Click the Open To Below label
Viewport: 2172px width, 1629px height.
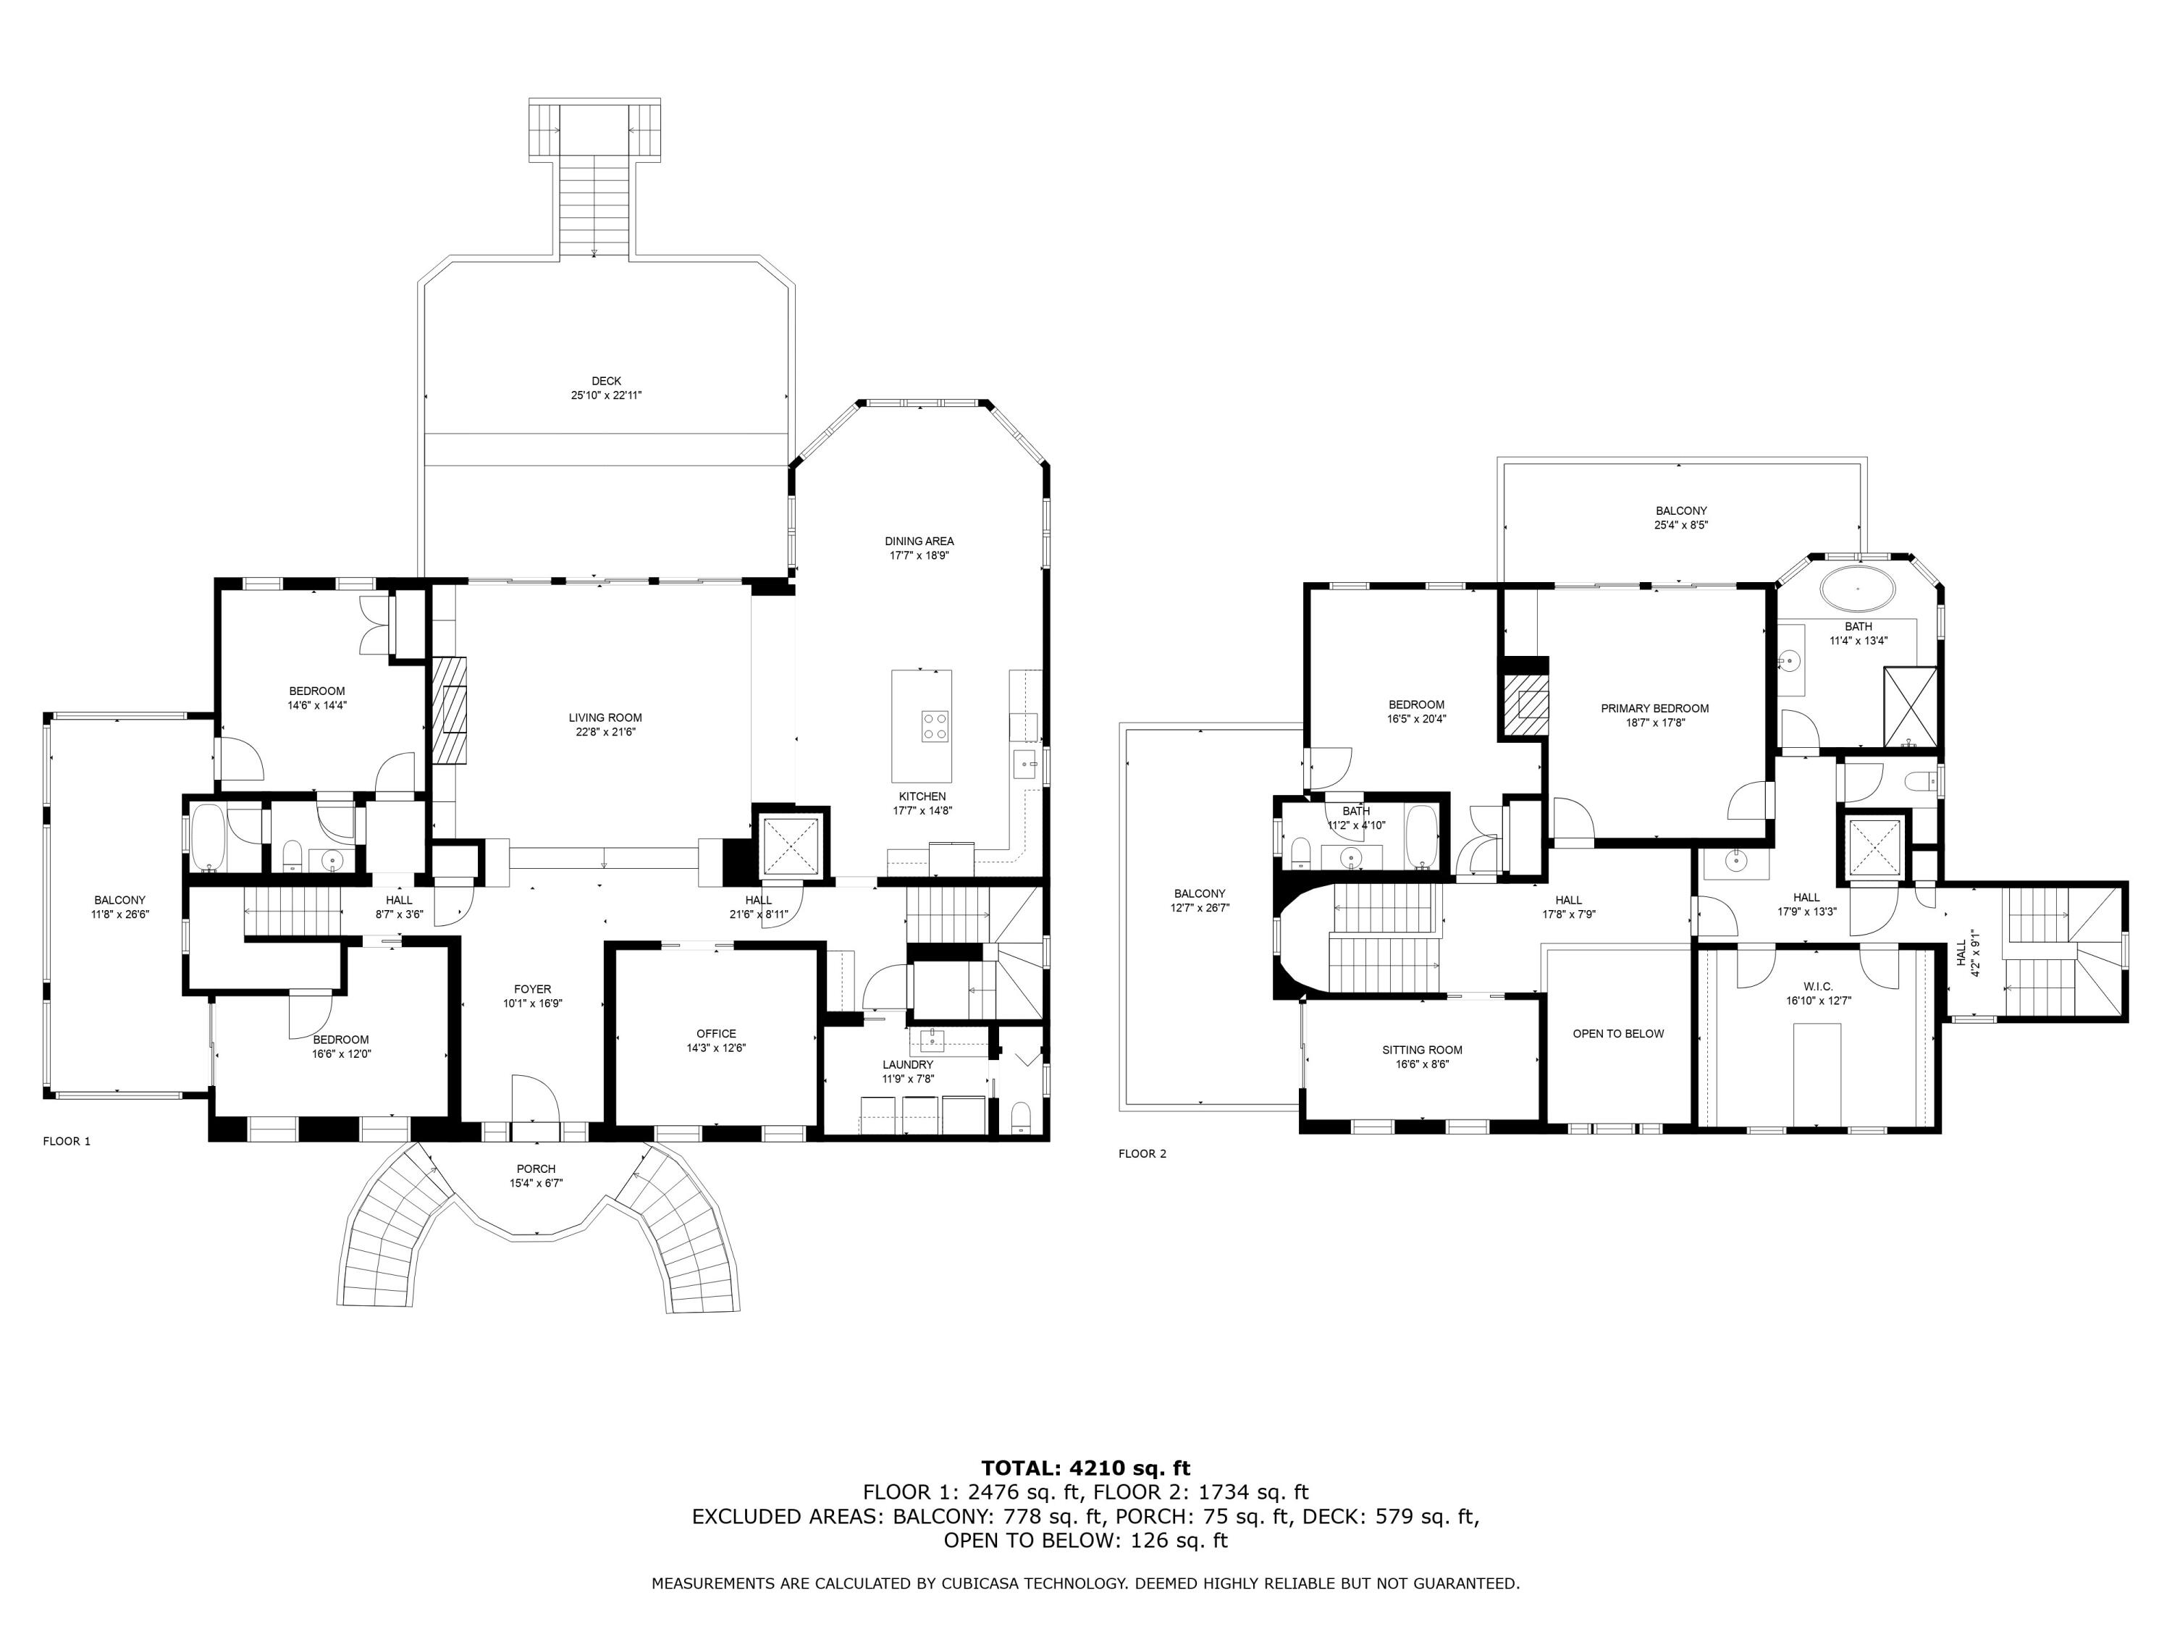1618,1034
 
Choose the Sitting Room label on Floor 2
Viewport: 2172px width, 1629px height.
1422,1051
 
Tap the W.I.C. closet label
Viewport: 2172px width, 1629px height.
1817,987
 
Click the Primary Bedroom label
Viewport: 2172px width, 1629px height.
1654,709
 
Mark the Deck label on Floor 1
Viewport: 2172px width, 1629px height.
606,381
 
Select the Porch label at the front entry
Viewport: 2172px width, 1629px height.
536,1169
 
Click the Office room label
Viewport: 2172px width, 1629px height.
716,1034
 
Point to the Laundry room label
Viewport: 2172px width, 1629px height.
907,1064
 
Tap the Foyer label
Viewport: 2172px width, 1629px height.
533,990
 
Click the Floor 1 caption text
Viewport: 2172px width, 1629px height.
67,1141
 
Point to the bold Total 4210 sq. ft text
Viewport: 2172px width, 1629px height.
1086,1468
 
